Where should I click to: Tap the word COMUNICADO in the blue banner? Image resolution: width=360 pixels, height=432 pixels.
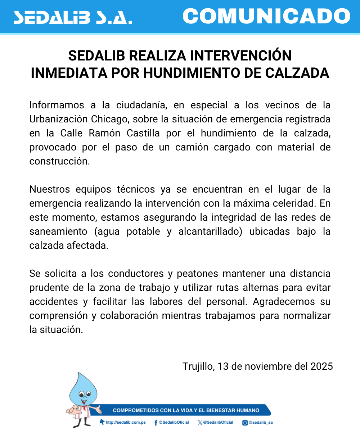pyautogui.click(x=266, y=16)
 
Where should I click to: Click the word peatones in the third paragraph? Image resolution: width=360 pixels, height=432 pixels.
pyautogui.click(x=197, y=274)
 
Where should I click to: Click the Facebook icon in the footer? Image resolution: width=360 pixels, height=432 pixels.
pyautogui.click(x=156, y=422)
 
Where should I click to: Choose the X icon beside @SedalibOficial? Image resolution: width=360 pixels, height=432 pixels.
pyautogui.click(x=200, y=422)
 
